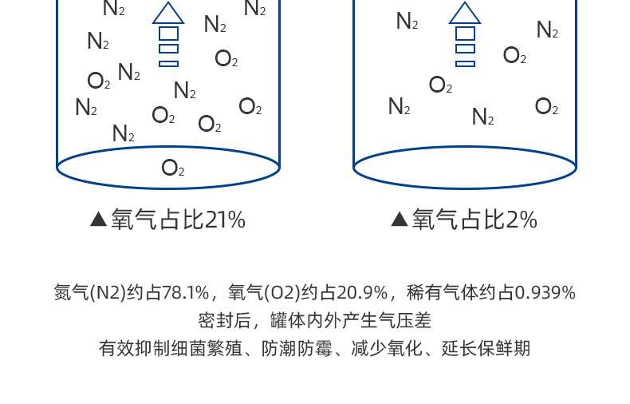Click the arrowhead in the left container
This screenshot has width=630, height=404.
[x=168, y=14]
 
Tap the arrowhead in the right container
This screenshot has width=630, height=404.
[x=465, y=14]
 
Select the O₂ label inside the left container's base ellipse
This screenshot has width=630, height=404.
[x=173, y=168]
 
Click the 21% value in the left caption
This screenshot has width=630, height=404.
[x=225, y=220]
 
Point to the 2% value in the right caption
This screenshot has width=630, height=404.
[x=522, y=220]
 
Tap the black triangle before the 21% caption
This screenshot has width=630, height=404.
[x=99, y=220]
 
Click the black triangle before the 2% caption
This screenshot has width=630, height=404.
[x=400, y=220]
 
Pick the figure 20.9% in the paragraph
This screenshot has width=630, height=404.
[x=364, y=293]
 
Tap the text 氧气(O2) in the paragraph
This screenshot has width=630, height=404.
[x=265, y=293]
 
